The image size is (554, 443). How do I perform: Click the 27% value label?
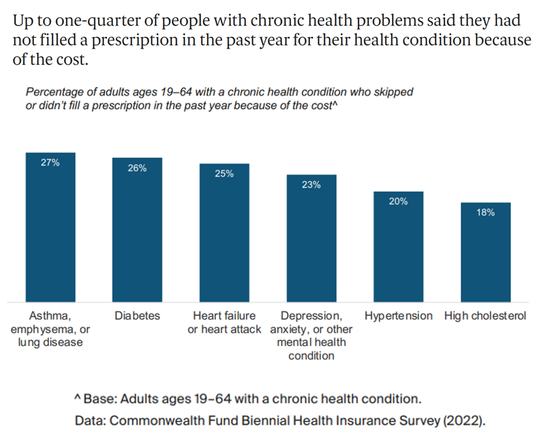click(50, 163)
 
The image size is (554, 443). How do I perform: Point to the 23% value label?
click(311, 185)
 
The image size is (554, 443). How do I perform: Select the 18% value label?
click(485, 213)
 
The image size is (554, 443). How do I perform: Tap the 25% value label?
click(224, 174)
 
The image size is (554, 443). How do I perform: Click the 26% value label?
click(137, 168)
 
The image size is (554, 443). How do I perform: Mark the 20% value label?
click(398, 201)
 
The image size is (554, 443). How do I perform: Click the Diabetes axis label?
click(137, 315)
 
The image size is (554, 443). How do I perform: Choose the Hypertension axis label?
click(398, 315)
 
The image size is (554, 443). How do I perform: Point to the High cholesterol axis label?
click(485, 315)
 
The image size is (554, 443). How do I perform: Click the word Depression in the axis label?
click(310, 315)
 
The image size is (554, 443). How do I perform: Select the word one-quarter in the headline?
click(83, 22)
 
